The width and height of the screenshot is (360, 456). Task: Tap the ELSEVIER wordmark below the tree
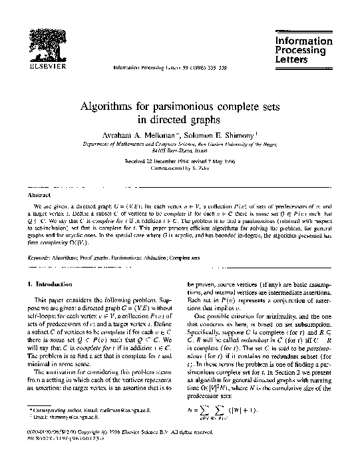point(35,67)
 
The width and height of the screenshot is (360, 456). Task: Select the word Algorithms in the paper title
point(112,106)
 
